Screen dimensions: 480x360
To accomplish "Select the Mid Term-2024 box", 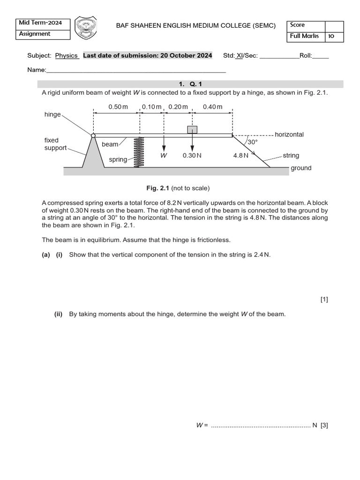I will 43,23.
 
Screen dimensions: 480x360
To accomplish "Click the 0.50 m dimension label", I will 118,107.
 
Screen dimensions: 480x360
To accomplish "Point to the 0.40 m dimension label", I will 212,107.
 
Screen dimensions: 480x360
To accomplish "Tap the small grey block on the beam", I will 192,129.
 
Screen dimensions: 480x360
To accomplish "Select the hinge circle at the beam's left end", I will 93,135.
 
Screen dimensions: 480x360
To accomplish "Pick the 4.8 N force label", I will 240,156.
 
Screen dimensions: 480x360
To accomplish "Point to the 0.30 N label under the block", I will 192,156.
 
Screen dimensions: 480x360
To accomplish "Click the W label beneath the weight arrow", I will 164,156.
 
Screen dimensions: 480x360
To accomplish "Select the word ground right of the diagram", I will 300,168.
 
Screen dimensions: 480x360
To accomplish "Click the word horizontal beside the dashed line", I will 289,135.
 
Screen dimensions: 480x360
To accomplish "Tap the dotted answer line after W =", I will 260,426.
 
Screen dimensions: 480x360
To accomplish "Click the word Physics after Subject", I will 67,55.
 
